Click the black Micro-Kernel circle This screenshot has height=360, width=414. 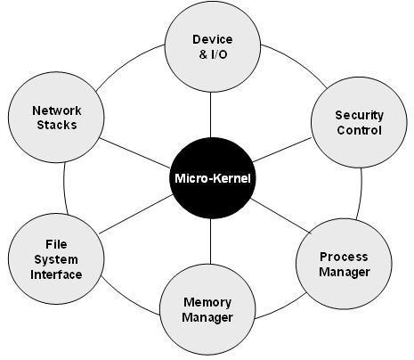tap(212, 178)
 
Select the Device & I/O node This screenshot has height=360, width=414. tap(213, 46)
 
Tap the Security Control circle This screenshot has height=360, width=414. tap(359, 122)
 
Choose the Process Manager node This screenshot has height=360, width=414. tap(344, 264)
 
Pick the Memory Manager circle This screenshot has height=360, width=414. tap(207, 309)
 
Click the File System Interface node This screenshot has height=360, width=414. tap(56, 258)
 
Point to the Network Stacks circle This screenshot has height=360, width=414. tap(56, 117)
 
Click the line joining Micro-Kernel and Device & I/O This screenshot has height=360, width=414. tap(210, 115)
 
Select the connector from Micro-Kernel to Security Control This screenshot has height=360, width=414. tap(282, 150)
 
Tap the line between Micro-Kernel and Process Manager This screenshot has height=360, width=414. tap(280, 216)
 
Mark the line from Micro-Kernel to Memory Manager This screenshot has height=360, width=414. tap(210, 241)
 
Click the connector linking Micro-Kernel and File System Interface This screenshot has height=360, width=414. tap(135, 214)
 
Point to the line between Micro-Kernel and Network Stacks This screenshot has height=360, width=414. tap(134, 152)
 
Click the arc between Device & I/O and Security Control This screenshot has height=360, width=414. tap(296, 62)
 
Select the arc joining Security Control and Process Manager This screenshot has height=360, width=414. tap(361, 194)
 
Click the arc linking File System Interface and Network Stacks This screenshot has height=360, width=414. tap(64, 188)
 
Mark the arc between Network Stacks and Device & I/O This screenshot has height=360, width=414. tap(127, 64)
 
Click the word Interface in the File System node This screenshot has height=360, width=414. tap(56, 274)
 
